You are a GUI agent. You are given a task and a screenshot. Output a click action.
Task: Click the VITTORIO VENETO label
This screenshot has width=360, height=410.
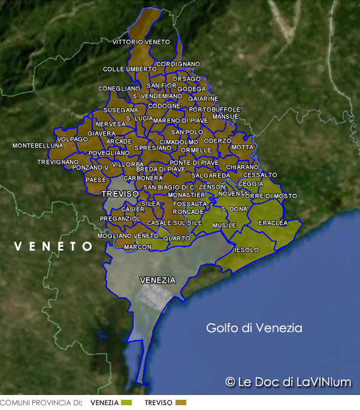(141, 42)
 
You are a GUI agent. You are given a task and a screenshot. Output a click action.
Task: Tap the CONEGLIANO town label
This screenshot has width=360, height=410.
(119, 89)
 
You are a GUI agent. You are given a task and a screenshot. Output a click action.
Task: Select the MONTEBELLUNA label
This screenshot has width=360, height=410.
(37, 146)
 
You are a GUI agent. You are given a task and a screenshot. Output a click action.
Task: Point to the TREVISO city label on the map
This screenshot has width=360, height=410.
(120, 194)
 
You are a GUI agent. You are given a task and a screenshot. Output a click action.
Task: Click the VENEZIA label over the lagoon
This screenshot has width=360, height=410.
(157, 280)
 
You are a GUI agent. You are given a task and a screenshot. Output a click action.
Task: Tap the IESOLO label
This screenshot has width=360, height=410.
(246, 249)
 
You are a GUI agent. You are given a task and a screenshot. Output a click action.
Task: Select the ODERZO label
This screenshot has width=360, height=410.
(217, 141)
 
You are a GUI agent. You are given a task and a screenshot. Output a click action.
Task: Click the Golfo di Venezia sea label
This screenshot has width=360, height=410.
(254, 328)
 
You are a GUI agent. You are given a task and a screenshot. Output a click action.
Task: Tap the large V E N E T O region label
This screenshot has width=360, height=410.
(53, 246)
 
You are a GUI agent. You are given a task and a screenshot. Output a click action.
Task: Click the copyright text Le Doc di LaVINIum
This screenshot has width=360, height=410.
(289, 382)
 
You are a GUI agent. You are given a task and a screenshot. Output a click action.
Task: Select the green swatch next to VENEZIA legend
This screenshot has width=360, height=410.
(126, 403)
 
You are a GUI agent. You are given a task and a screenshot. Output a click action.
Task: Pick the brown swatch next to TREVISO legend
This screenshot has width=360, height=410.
(181, 403)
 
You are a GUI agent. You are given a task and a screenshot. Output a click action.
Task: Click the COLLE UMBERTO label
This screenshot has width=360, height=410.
(129, 70)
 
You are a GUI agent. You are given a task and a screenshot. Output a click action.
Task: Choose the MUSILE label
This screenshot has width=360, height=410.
(224, 225)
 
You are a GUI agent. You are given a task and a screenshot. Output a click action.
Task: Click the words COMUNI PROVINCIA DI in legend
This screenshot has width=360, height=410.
(41, 403)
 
